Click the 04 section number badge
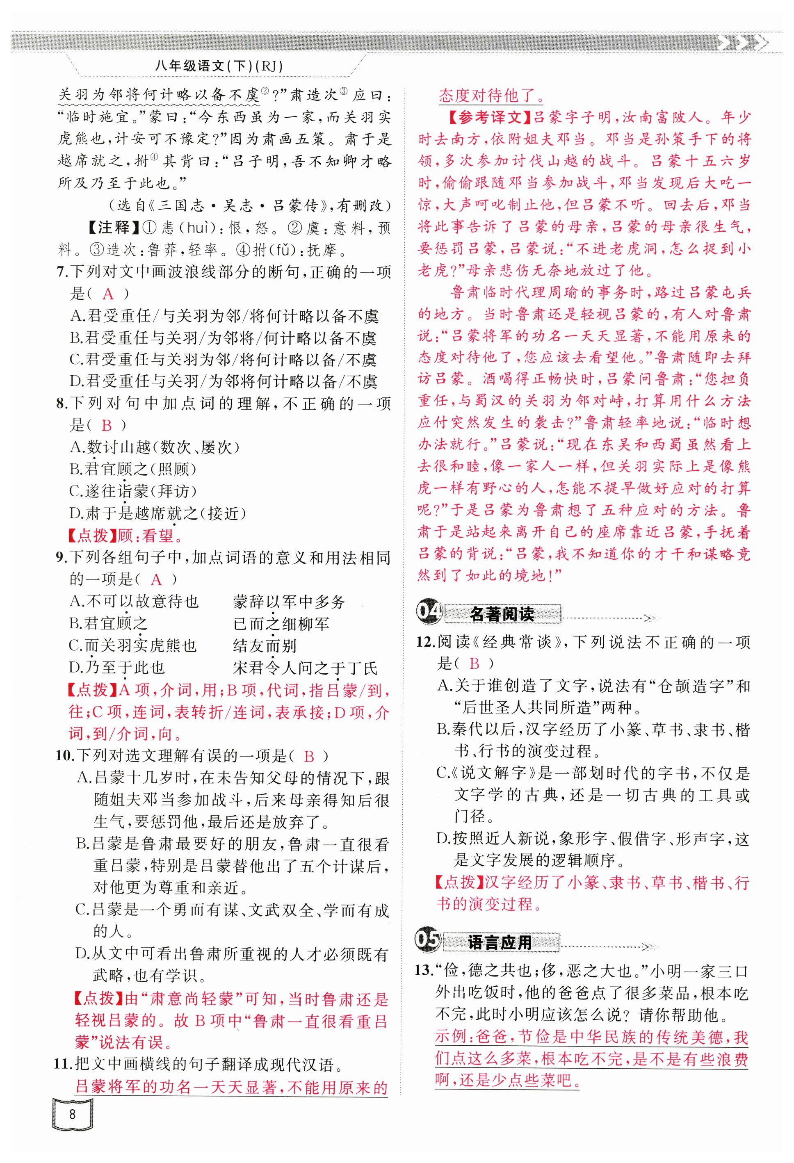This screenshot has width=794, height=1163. pos(429,611)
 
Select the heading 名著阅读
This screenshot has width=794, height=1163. pos(502,614)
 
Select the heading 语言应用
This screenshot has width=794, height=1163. pos(500,942)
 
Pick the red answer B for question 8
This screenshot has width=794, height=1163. pos(107,425)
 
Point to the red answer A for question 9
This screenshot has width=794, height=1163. pos(156,579)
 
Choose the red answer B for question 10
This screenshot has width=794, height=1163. pos(309,756)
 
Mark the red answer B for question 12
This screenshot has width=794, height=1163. pos(474,664)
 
